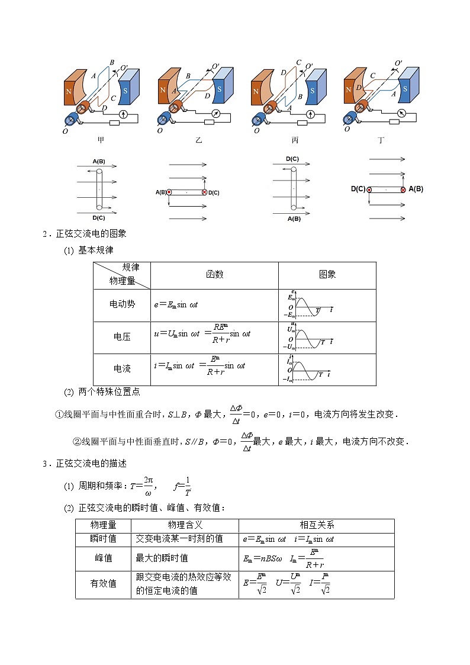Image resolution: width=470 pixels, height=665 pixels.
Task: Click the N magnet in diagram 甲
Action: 68,92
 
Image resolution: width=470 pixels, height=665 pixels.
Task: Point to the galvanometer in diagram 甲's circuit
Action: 123,114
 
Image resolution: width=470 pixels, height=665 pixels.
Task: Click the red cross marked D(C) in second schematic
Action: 205,192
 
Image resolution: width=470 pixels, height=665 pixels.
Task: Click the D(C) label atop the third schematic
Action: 292,159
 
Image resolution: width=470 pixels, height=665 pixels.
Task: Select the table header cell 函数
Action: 214,274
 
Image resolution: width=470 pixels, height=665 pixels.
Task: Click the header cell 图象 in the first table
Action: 327,274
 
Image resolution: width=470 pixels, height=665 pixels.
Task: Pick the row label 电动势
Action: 122,304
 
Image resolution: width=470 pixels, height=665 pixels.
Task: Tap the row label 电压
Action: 122,336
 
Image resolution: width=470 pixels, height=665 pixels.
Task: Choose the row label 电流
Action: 122,368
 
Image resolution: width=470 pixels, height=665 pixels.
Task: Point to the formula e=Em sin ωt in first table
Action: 176,304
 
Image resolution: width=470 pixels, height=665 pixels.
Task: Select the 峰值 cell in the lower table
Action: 103,558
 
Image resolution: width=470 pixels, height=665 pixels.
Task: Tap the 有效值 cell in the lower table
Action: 103,583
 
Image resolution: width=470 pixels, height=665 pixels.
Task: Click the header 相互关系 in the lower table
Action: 317,525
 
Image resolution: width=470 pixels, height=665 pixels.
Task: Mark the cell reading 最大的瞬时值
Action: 162,558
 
